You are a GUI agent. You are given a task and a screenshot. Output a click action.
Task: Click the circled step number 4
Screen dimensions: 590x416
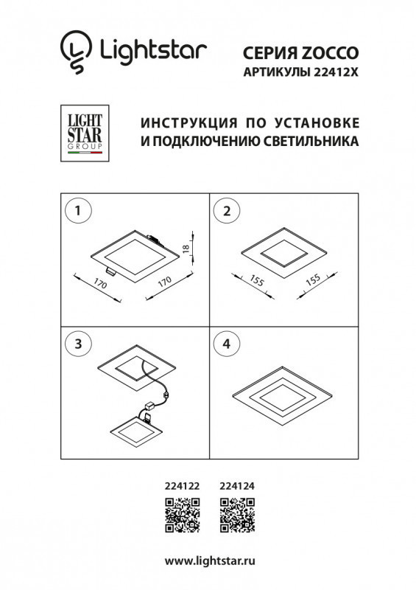click(x=227, y=343)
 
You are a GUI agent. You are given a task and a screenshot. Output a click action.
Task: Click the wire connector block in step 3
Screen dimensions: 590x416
click(x=158, y=403)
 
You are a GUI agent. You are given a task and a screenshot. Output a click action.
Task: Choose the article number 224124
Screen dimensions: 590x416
click(x=238, y=486)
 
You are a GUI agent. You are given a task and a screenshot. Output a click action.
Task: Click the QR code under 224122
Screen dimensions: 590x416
click(x=182, y=515)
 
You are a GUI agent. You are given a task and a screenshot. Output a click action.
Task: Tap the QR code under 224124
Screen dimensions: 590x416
click(x=238, y=515)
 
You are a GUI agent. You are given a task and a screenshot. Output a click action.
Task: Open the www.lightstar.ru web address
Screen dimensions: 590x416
click(x=208, y=563)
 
